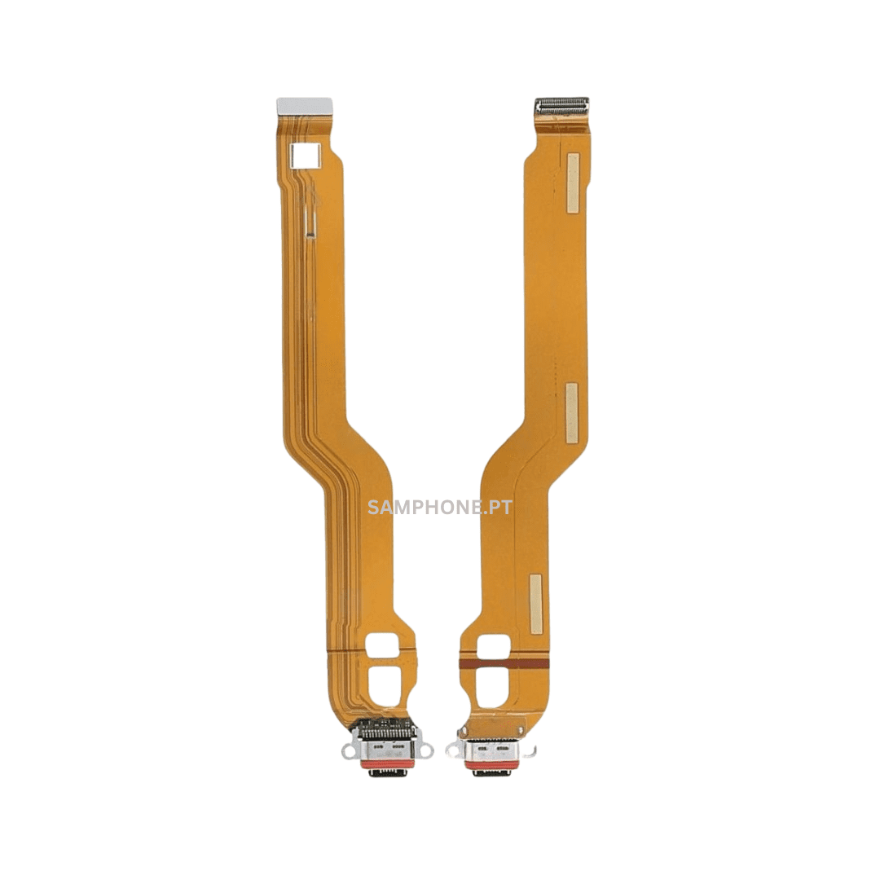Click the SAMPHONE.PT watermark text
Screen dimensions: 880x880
point(439,508)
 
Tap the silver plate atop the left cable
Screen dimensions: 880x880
point(304,104)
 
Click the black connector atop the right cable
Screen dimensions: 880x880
point(561,105)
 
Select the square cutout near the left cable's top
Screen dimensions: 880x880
point(306,155)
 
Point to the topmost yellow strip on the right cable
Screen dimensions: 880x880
point(573,183)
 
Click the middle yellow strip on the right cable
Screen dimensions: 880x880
point(571,412)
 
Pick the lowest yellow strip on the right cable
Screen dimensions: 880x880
point(536,604)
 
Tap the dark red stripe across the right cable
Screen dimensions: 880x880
point(504,663)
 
